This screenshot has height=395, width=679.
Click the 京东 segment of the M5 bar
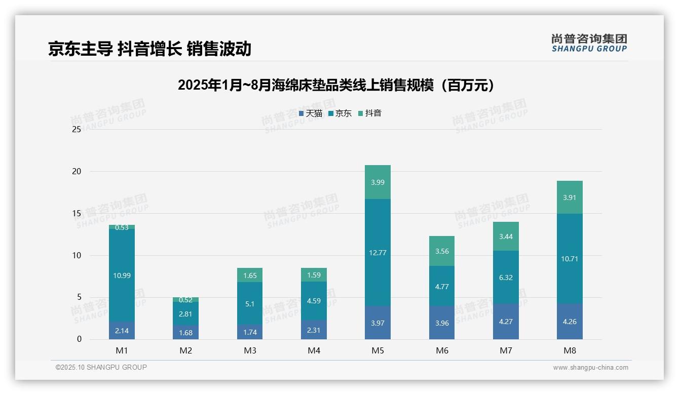click(378, 252)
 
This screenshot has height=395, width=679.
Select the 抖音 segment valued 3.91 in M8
click(570, 197)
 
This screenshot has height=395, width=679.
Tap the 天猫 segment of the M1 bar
click(122, 330)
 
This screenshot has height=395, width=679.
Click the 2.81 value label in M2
click(185, 314)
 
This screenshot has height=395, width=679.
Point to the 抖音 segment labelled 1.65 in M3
click(250, 275)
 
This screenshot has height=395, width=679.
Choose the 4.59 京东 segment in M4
click(314, 301)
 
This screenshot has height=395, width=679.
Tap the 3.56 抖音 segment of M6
click(441, 251)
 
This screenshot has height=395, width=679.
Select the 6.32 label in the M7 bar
click(506, 278)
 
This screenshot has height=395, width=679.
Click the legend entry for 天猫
click(310, 113)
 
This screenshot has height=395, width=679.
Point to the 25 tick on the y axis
click(77, 130)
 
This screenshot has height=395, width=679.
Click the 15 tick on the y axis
click(77, 214)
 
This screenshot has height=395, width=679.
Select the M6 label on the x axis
click(441, 350)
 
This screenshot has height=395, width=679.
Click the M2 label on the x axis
click(185, 350)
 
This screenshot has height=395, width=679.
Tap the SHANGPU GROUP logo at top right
click(589, 43)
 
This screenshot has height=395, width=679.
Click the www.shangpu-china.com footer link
click(590, 368)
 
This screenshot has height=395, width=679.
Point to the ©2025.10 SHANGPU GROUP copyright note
click(101, 368)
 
